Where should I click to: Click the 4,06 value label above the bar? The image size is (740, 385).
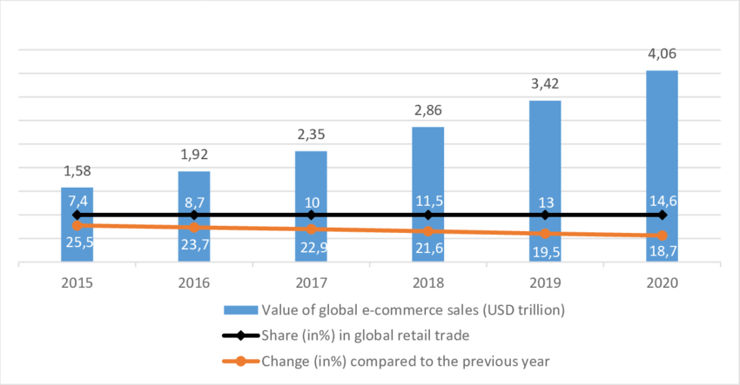coord(662,55)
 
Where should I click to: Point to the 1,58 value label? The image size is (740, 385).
coord(77,173)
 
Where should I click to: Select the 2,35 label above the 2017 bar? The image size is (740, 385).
coord(311,136)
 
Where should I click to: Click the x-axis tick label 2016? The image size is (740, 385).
coord(193,282)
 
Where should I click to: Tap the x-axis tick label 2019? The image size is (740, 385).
coord(545,282)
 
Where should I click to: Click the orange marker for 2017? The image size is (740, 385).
coord(311,229)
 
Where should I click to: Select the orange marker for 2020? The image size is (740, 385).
coord(662,236)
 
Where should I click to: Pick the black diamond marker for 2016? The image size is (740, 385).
coord(193,215)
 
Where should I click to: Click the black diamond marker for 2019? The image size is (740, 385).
coord(545,215)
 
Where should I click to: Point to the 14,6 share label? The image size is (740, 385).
coord(662,199)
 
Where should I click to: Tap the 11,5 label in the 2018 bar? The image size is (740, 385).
coord(427,199)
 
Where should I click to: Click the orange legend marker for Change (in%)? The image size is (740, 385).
coord(241,360)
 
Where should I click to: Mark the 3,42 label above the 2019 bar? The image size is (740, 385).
coord(545,85)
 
